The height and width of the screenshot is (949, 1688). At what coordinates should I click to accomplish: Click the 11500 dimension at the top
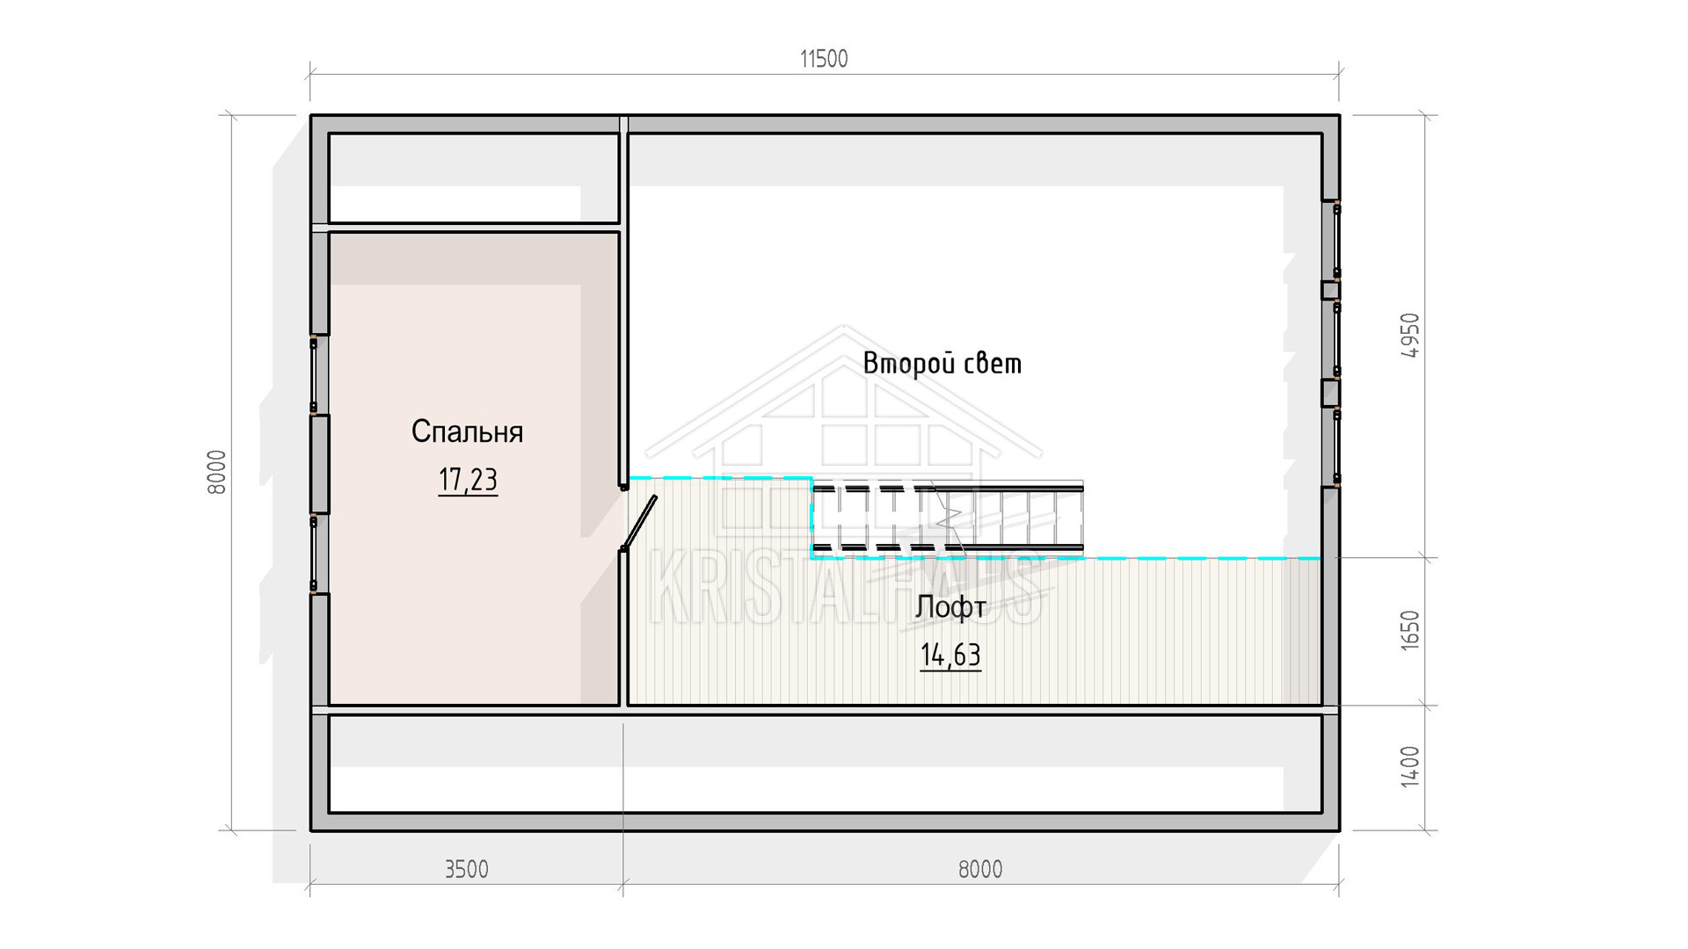coord(824,59)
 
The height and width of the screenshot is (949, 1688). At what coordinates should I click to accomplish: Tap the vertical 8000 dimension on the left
coord(217,472)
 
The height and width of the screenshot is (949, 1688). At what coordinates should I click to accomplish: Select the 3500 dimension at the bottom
coord(466,869)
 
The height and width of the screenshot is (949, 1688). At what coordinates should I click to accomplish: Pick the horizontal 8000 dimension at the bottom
coord(980,869)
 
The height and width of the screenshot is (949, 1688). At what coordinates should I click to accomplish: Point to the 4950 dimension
coord(1409,335)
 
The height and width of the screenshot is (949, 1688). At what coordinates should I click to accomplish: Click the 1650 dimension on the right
coord(1409,630)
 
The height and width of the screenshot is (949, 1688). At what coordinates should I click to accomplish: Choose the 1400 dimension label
coord(1409,766)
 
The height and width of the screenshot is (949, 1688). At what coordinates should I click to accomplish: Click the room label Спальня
coord(467,431)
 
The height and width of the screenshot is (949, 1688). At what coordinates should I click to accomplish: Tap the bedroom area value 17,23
coord(468,480)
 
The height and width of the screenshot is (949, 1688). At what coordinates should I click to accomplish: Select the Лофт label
coord(950,607)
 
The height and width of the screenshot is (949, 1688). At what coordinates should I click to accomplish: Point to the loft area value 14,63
coord(950,656)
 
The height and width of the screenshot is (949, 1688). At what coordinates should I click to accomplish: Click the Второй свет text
coord(942,363)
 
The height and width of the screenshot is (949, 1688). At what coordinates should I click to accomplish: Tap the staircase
coord(947,518)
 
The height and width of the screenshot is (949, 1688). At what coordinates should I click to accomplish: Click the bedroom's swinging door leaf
coord(639,523)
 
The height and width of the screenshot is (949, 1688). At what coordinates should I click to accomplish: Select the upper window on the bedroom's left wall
coord(314,375)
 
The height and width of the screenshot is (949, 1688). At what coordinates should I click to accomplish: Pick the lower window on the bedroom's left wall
coord(314,554)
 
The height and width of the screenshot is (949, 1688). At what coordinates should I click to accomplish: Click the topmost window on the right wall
coord(1336,241)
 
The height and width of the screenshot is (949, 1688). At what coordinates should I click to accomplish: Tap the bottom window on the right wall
coord(1336,446)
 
